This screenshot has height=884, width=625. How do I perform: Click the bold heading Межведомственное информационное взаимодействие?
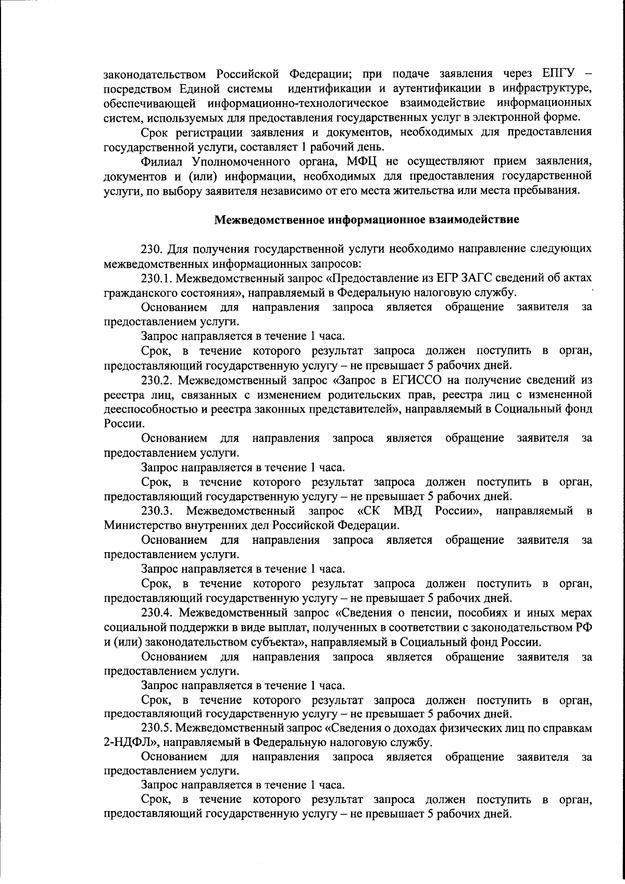367,219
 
